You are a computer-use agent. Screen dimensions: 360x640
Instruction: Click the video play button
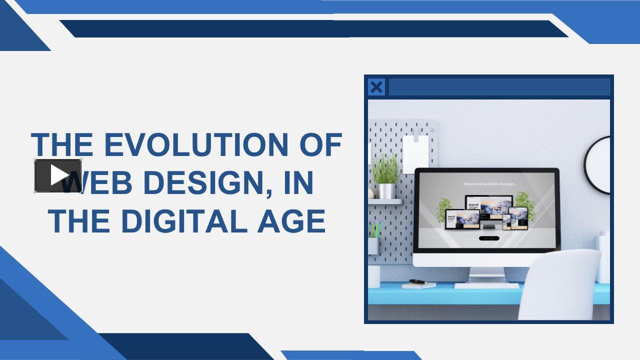pyautogui.click(x=58, y=175)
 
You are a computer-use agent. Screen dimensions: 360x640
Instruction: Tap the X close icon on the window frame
pyautogui.click(x=376, y=87)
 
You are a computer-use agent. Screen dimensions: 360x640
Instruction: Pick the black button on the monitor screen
pyautogui.click(x=488, y=238)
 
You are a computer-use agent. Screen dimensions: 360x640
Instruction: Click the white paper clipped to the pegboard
pyautogui.click(x=416, y=153)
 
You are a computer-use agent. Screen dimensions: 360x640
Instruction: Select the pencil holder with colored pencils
pyautogui.click(x=374, y=240)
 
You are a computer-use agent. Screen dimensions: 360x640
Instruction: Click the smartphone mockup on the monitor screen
pyautogui.click(x=506, y=221)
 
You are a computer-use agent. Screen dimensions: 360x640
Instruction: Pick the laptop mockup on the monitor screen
pyautogui.click(x=462, y=220)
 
